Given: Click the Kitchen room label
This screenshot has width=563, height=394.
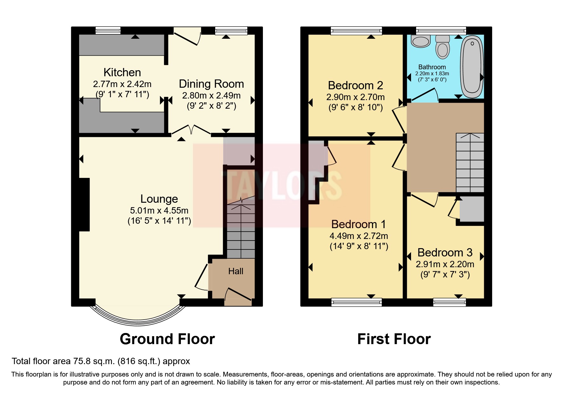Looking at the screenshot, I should tap(122, 72).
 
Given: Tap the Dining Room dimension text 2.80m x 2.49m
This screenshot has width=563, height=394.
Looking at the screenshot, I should tap(211, 95).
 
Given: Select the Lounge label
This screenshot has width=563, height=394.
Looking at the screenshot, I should tap(159, 199).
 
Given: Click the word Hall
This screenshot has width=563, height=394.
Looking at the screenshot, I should tap(236, 271).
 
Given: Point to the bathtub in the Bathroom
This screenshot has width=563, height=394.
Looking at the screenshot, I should tap(472, 67).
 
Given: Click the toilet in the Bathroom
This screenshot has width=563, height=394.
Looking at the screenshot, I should tap(443, 48).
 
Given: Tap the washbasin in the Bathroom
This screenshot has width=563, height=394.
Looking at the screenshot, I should tap(421, 41).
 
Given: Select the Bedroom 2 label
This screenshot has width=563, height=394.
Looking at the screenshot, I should tap(355, 85).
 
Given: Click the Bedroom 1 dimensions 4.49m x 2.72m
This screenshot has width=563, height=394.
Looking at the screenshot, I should tap(359, 236).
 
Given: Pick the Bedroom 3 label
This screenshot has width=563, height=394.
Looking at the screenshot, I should tap(445, 253).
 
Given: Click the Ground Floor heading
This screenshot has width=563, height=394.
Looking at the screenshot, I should tap(167, 339).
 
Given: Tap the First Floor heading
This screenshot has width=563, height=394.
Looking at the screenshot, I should tap(394, 339).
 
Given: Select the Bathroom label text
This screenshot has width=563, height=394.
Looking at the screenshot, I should tap(432, 67).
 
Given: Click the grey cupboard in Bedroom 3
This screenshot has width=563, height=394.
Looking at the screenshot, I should tap(472, 209).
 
